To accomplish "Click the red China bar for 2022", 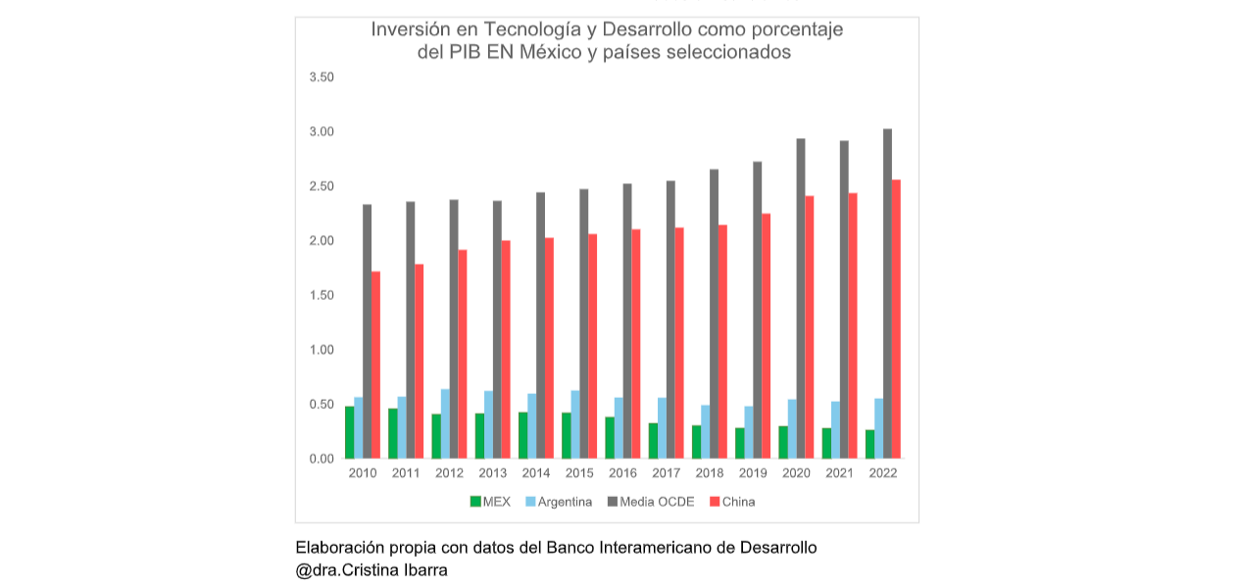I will [x=895, y=318].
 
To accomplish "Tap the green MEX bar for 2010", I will [x=349, y=432].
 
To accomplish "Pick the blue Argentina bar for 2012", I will [x=445, y=423].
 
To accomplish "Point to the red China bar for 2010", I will [x=375, y=365].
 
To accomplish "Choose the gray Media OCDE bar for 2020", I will [x=801, y=298].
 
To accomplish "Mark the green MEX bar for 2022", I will [x=869, y=444].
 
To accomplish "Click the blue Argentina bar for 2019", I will [x=749, y=432].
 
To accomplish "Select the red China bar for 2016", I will [x=635, y=344].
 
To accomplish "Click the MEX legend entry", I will [x=490, y=502].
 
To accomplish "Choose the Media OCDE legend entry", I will [x=651, y=502].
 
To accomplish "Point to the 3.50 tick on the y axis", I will [x=322, y=77].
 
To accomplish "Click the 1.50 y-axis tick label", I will [x=322, y=295].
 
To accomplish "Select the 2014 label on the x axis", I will [x=536, y=473].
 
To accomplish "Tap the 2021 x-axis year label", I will [x=839, y=473].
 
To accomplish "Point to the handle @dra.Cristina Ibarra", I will [x=372, y=569].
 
